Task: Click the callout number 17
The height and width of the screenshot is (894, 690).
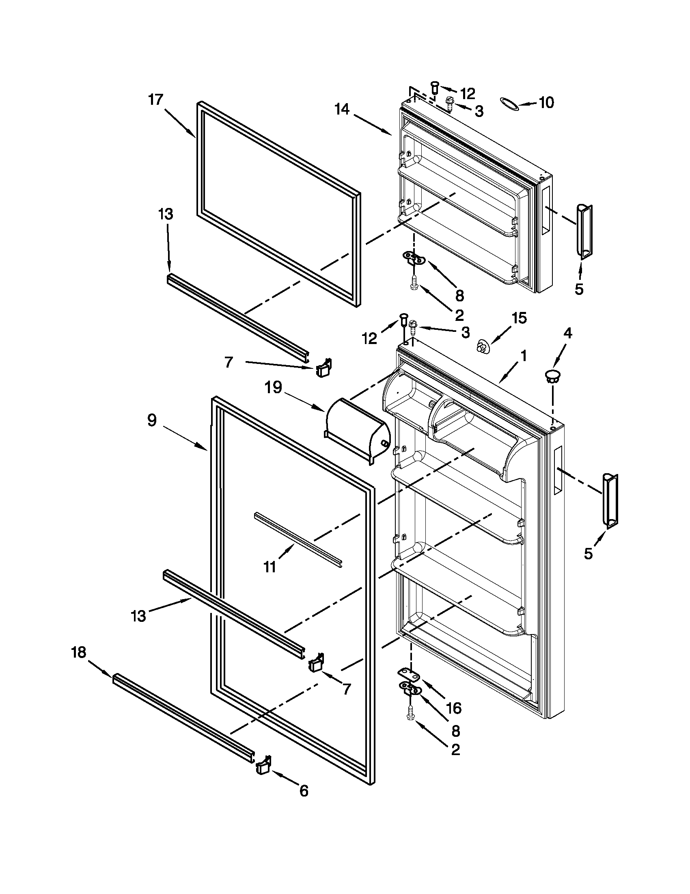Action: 156,100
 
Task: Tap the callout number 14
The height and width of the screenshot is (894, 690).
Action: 342,109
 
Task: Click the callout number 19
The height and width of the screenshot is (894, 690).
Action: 273,387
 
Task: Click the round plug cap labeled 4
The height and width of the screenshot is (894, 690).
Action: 553,376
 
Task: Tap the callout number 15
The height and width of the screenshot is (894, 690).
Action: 519,318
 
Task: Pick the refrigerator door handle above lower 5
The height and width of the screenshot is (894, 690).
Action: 610,501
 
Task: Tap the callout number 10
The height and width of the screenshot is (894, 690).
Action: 546,102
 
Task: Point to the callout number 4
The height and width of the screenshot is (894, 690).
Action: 567,333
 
